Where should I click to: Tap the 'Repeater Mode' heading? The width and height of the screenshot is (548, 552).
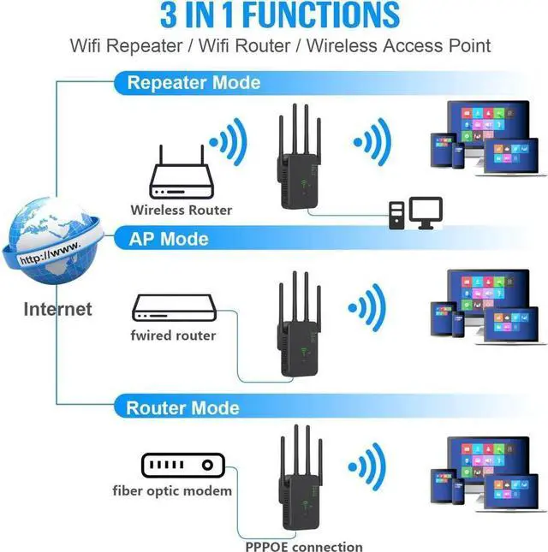(194, 83)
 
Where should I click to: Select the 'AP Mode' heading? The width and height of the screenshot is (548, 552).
(168, 238)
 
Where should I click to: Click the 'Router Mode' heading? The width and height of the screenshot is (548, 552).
(182, 407)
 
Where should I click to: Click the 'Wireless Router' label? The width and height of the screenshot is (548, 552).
(181, 210)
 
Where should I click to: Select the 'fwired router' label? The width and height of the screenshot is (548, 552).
(173, 335)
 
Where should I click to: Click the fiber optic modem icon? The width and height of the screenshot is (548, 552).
(182, 466)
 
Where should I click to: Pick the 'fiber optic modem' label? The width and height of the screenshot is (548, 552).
(172, 491)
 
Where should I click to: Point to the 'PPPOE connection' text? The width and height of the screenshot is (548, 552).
(302, 546)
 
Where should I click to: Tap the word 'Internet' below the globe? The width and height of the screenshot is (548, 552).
(57, 309)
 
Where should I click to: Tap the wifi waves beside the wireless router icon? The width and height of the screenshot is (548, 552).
(229, 139)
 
